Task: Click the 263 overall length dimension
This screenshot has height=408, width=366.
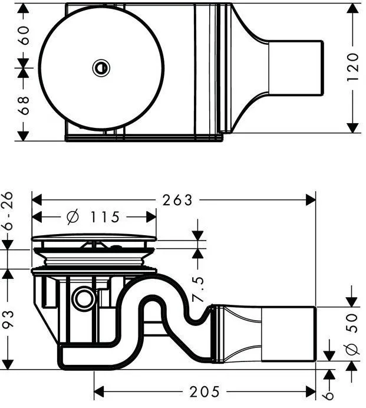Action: pos(177,200)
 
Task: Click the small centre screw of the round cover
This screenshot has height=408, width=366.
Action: pos(101,68)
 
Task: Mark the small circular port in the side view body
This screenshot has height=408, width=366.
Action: pos(83,299)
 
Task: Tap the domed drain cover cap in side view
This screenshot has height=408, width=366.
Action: pos(94,239)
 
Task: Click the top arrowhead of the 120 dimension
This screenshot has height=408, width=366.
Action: pos(353,8)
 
